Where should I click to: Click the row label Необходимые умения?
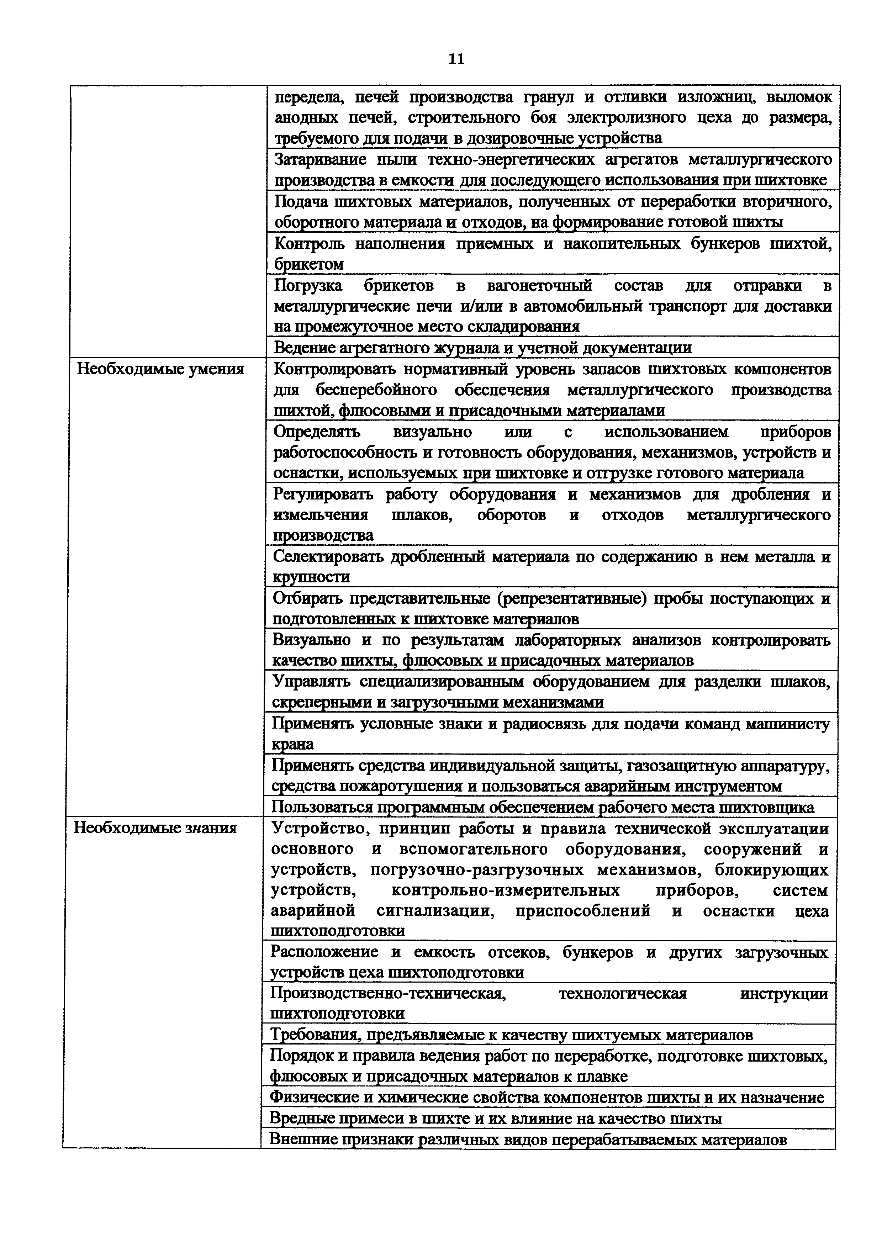(x=160, y=369)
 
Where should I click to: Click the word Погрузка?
(x=308, y=285)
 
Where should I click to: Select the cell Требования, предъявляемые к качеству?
(x=511, y=1035)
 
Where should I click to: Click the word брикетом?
(x=309, y=265)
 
